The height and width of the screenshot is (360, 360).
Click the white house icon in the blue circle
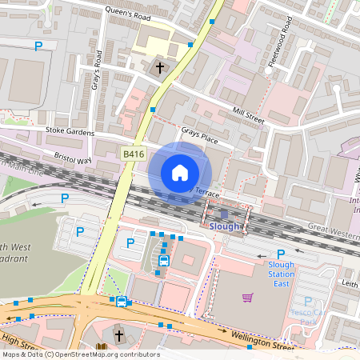tap(180, 173)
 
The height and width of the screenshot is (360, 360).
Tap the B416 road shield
tap(132, 153)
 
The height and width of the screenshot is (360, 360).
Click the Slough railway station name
tap(224, 226)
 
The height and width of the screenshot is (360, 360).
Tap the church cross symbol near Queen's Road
tap(159, 68)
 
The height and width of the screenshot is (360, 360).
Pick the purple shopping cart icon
tap(247, 298)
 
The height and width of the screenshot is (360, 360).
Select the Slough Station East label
tap(281, 274)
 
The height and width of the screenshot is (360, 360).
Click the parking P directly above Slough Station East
tap(281, 254)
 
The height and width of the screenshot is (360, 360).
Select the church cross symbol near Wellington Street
tap(119, 335)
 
